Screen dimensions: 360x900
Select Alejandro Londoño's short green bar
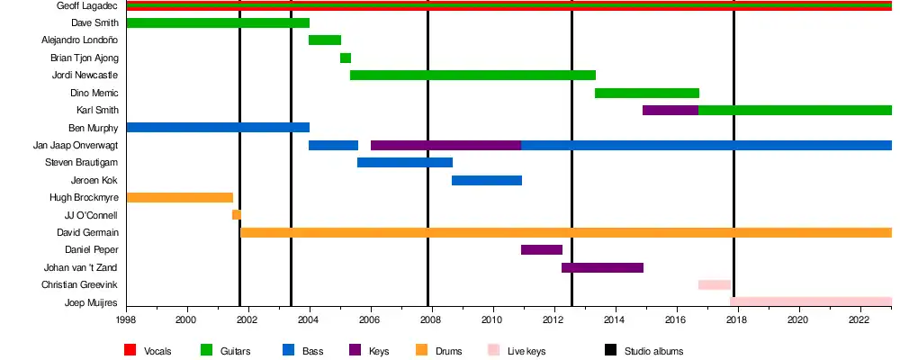tap(325, 40)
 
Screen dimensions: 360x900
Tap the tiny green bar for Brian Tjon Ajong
tap(346, 58)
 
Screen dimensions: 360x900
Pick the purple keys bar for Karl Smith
tap(670, 110)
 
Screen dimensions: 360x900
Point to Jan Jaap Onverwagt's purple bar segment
tap(445, 145)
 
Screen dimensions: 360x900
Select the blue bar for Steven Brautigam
tap(405, 163)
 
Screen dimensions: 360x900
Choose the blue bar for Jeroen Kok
tap(487, 180)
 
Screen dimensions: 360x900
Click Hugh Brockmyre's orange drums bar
tap(180, 197)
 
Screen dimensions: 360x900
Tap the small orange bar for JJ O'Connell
tap(237, 215)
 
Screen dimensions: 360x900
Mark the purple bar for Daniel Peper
tap(542, 249)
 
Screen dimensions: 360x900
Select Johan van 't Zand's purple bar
tap(602, 267)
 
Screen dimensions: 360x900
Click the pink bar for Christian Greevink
tap(715, 284)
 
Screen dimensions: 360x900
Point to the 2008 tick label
tap(431, 319)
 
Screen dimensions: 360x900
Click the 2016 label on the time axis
tap(676, 319)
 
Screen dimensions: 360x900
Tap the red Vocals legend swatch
tap(130, 350)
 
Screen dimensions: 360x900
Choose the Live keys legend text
tap(527, 351)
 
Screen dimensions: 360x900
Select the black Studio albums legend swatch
tap(610, 350)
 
